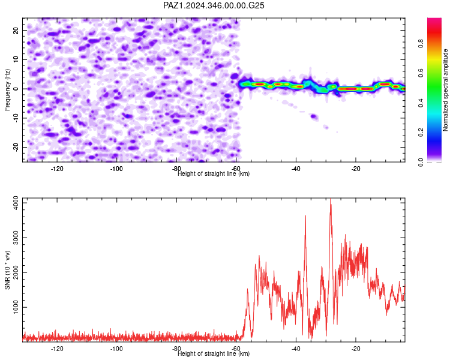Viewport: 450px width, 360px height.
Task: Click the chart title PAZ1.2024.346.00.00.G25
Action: [214, 5]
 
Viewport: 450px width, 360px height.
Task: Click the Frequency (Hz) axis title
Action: [7, 90]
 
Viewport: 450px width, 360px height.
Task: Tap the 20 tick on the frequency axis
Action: [16, 30]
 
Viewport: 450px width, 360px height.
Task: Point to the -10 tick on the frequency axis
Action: [16, 118]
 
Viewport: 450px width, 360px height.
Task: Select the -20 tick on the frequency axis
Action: [16, 147]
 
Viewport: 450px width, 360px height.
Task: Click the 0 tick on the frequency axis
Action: [16, 89]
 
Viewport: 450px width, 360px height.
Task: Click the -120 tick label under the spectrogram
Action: [57, 169]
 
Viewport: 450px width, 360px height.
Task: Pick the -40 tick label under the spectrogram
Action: [296, 169]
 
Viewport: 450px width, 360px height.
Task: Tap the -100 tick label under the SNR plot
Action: [116, 349]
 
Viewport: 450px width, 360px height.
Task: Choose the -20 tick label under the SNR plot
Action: [356, 349]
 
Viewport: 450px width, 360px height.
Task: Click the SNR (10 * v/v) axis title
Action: [7, 270]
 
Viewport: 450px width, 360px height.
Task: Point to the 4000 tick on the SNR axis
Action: [16, 203]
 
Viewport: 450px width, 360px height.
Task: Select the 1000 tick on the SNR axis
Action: [16, 307]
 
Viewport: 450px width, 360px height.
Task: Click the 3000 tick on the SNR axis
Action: [16, 238]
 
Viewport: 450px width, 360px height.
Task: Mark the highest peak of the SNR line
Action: [331, 199]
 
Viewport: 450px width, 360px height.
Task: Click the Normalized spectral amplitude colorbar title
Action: [445, 90]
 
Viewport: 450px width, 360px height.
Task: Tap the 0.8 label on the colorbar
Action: [421, 44]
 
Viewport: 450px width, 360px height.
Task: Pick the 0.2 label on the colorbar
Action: [421, 133]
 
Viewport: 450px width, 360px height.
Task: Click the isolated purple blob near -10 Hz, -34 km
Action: [314, 116]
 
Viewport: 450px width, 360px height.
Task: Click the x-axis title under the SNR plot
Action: [214, 353]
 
